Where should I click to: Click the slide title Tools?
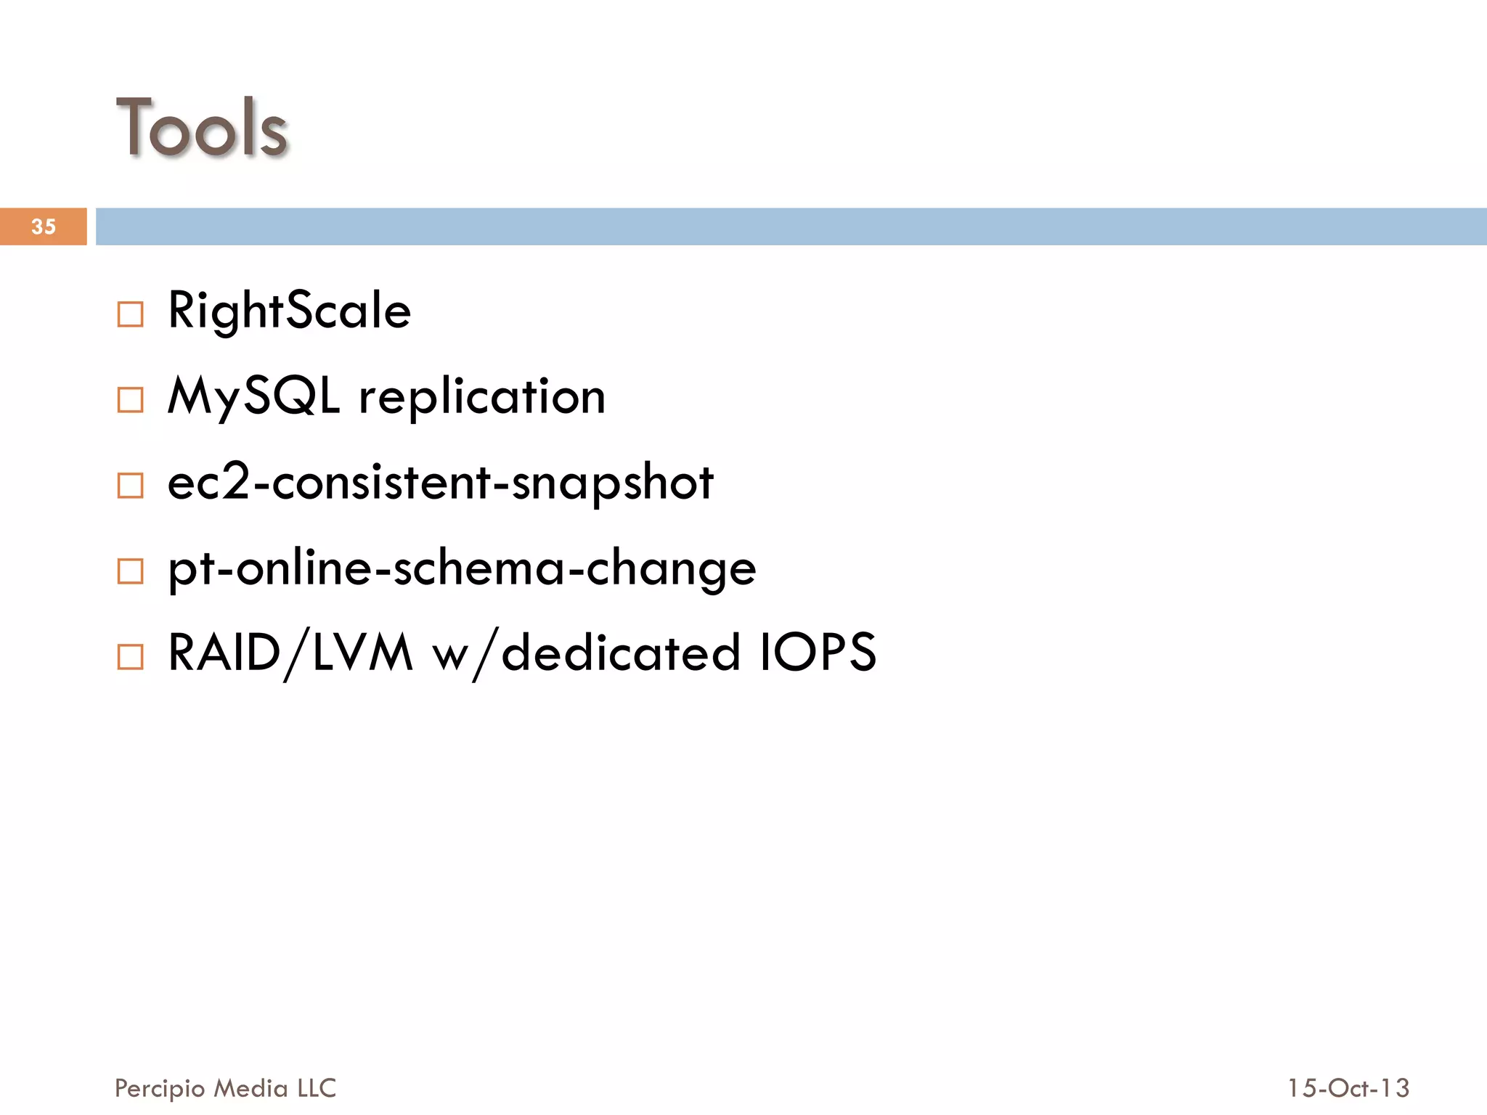[x=202, y=128]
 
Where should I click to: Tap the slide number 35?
[x=44, y=226]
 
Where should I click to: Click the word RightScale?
[x=289, y=311]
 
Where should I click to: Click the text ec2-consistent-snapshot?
[x=440, y=482]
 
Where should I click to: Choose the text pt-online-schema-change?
[x=462, y=568]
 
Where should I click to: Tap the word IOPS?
[x=818, y=652]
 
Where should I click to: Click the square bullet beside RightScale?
[x=131, y=314]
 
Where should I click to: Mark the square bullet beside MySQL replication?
[x=131, y=400]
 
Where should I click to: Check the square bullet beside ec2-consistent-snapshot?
[x=131, y=486]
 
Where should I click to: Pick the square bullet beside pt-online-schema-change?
[x=131, y=571]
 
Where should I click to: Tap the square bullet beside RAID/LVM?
[x=131, y=657]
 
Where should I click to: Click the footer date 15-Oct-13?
[x=1348, y=1088]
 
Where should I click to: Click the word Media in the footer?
[x=251, y=1088]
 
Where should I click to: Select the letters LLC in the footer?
[x=317, y=1088]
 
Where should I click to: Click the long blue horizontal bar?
[x=791, y=226]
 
